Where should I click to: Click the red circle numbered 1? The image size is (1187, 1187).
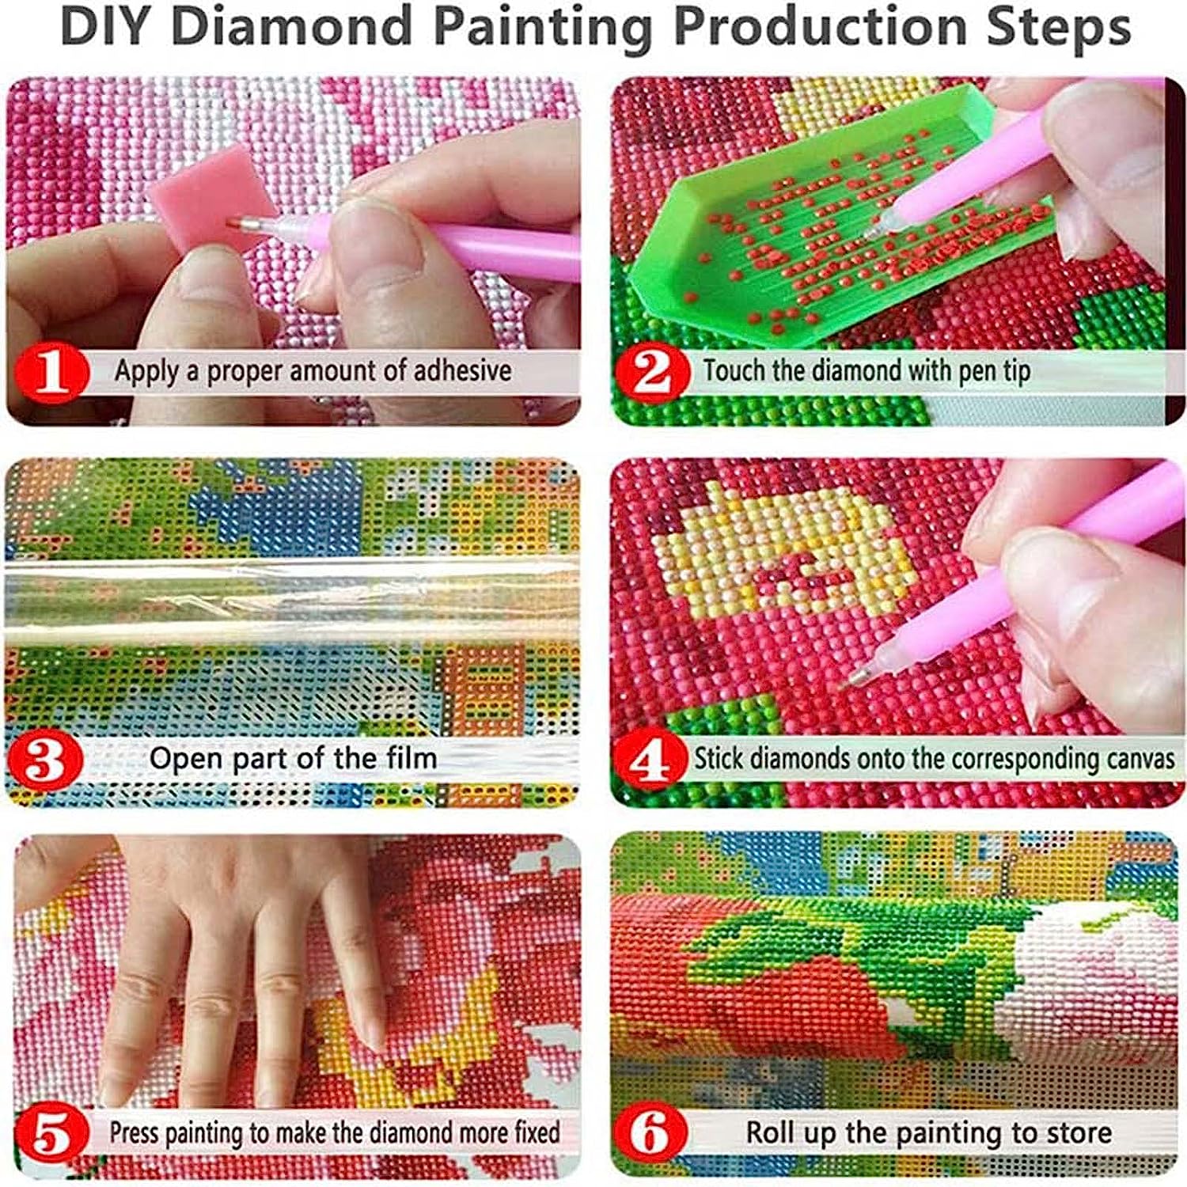tap(51, 370)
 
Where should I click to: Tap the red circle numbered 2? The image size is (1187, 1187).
tap(653, 370)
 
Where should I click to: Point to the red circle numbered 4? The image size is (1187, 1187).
tap(649, 760)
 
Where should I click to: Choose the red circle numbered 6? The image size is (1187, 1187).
tap(651, 1133)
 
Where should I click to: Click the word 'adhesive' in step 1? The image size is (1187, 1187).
tap(463, 370)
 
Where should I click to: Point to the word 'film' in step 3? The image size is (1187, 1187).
tap(411, 758)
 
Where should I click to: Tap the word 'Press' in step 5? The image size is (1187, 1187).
tap(135, 1132)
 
